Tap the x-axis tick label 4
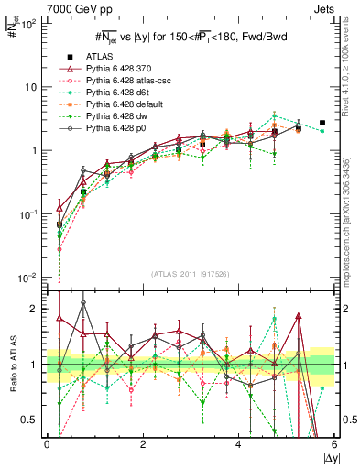[238, 444]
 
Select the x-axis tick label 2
[143, 444]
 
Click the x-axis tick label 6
[334, 444]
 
